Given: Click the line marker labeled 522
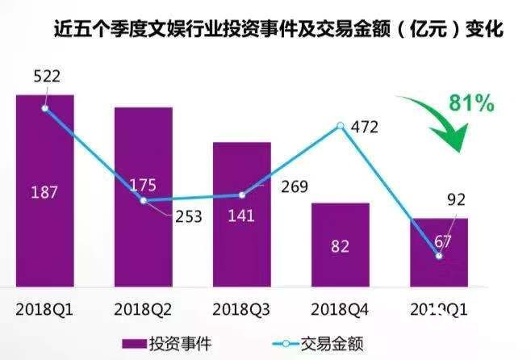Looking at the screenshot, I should click(x=45, y=107).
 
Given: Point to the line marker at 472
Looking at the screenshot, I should click(x=340, y=126).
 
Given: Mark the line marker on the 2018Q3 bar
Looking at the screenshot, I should click(x=241, y=195).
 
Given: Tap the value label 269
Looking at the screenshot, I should click(x=295, y=188).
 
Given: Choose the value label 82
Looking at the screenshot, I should click(x=340, y=247).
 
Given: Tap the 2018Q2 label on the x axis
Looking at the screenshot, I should click(x=143, y=308).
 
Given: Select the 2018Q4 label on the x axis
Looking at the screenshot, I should click(x=340, y=308).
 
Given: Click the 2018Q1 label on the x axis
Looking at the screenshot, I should click(x=44, y=308).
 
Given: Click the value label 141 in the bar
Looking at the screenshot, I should click(x=241, y=216).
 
